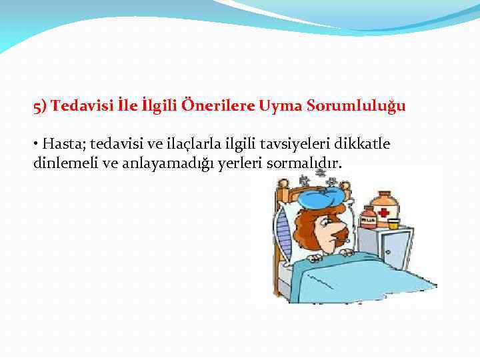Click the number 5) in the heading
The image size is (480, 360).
click(40, 106)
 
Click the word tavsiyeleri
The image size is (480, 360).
click(283, 145)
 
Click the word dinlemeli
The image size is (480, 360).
click(65, 164)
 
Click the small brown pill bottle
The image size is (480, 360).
click(368, 217)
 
